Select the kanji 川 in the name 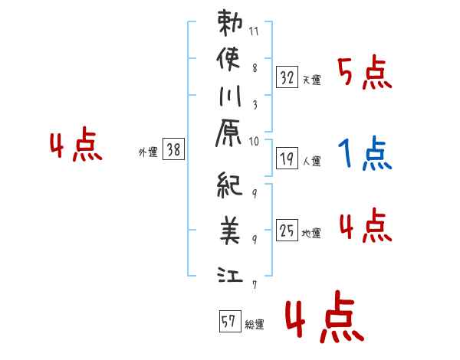(231, 99)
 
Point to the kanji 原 (231, 133)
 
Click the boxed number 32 (287, 77)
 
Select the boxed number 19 (287, 159)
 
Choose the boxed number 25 (287, 231)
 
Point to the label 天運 (311, 80)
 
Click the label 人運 (311, 161)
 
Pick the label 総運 (254, 324)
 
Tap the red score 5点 (364, 74)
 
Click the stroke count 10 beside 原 (254, 141)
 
